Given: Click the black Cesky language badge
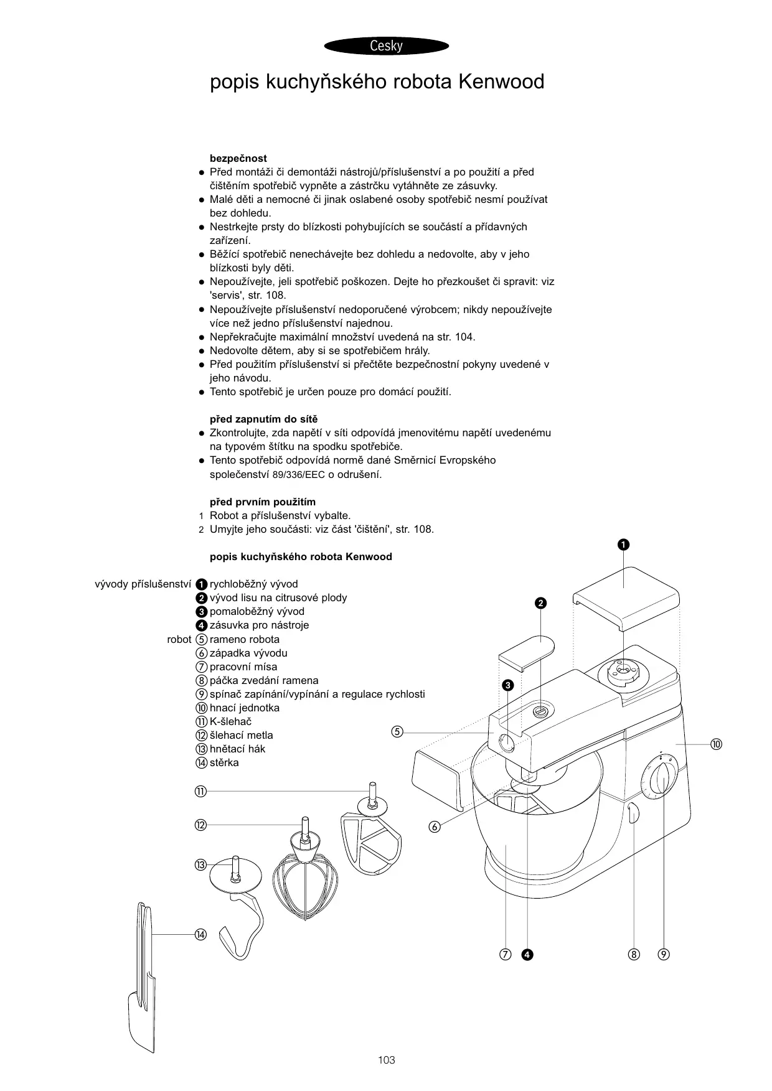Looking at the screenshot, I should pos(386,46).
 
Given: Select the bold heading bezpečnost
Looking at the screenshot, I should pos(238,158).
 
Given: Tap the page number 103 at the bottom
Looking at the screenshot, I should pos(386,1059).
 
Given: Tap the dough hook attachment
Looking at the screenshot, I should pos(240,902).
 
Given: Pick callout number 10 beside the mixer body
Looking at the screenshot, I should pos(716,744).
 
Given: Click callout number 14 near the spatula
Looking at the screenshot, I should pos(200,934).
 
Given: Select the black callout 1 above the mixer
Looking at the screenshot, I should pos(623,545).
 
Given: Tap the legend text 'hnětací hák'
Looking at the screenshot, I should pos(237,749).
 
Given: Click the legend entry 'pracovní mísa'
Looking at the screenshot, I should pos(243,667).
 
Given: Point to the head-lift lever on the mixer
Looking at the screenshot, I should pos(633,813).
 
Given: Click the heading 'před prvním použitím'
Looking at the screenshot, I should pos(262,502).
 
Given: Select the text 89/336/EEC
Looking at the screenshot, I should pos(299,474).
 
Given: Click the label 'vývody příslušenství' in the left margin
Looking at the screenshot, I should pos(142,584).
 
